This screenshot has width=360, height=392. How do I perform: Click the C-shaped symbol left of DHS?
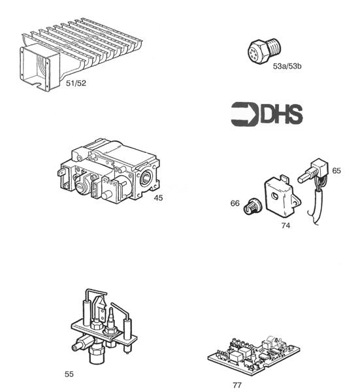(x=244, y=114)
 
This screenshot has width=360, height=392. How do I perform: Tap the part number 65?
(x=336, y=171)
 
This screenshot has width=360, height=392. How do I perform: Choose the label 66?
(x=235, y=203)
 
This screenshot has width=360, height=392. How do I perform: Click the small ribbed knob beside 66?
(x=250, y=208)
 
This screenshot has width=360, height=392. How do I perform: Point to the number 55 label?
(x=69, y=374)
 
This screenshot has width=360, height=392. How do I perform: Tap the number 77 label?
(x=237, y=385)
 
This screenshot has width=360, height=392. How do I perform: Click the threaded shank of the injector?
(x=273, y=45)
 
